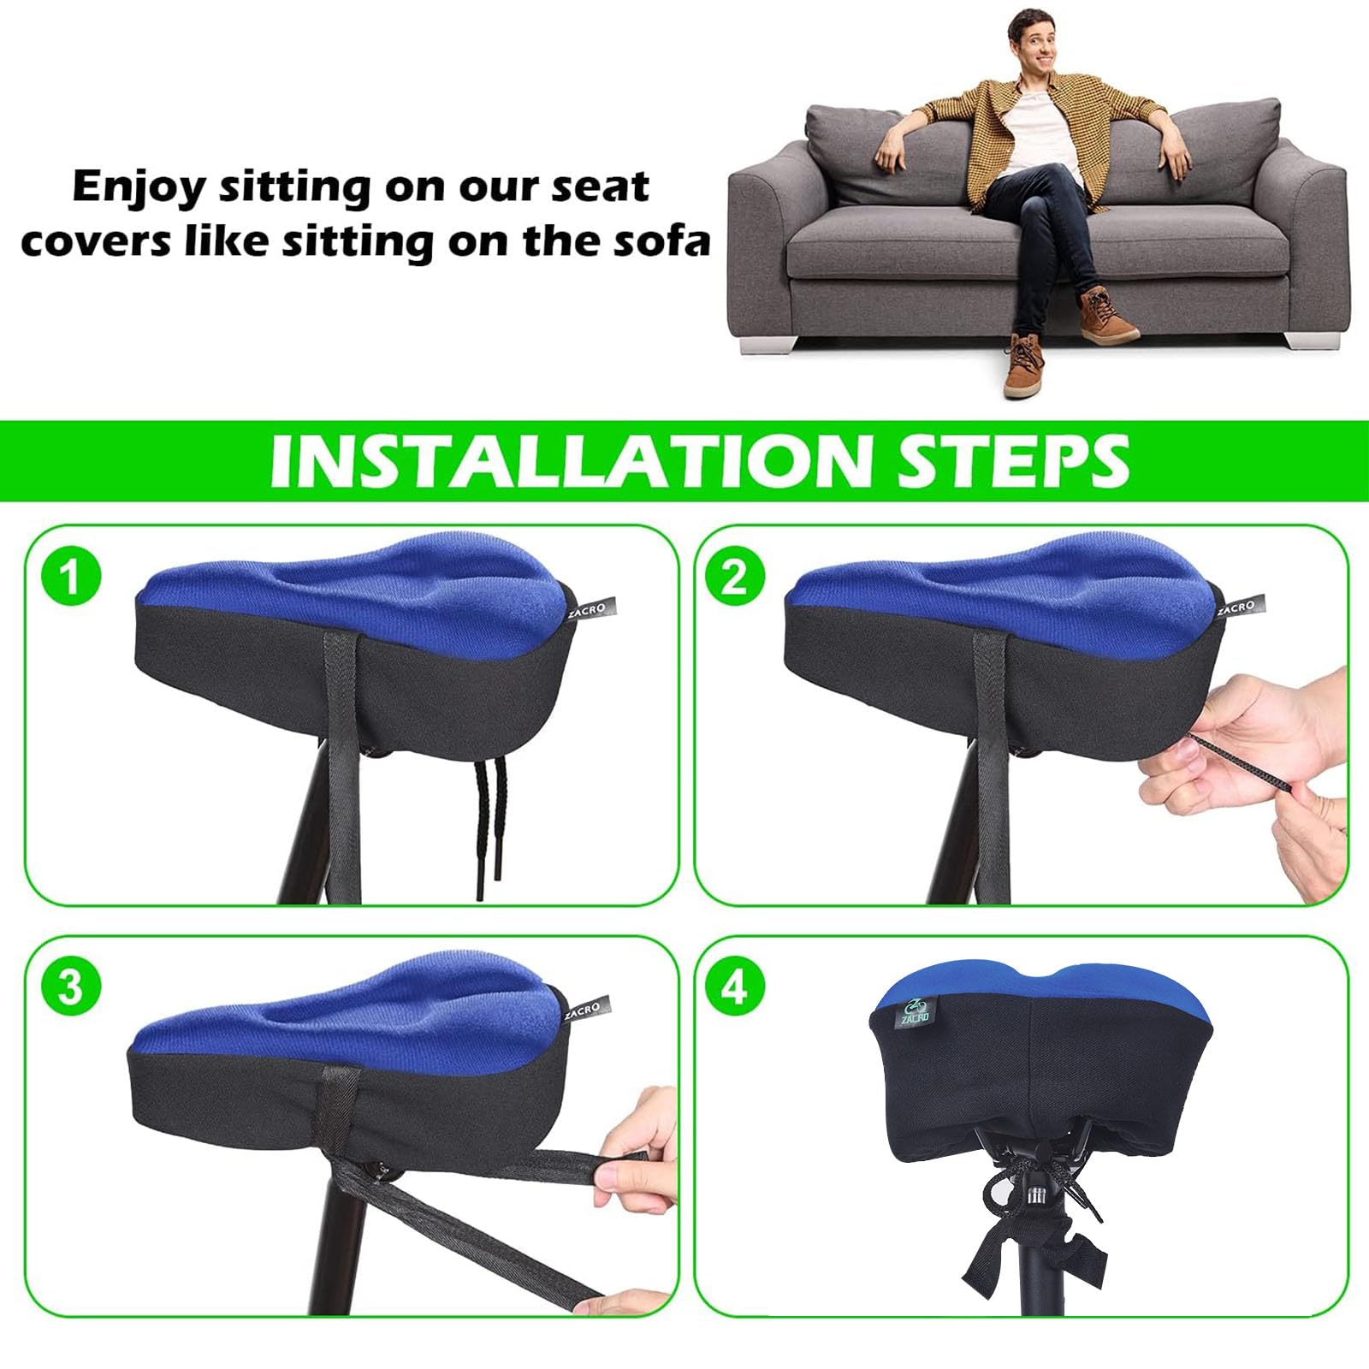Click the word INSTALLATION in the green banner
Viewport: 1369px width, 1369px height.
pos(576,461)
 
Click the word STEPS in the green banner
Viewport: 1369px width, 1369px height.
pos(1014,461)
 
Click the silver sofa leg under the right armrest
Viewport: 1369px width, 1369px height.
pos(1310,339)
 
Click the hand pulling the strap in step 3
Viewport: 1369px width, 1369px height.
pos(634,1151)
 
